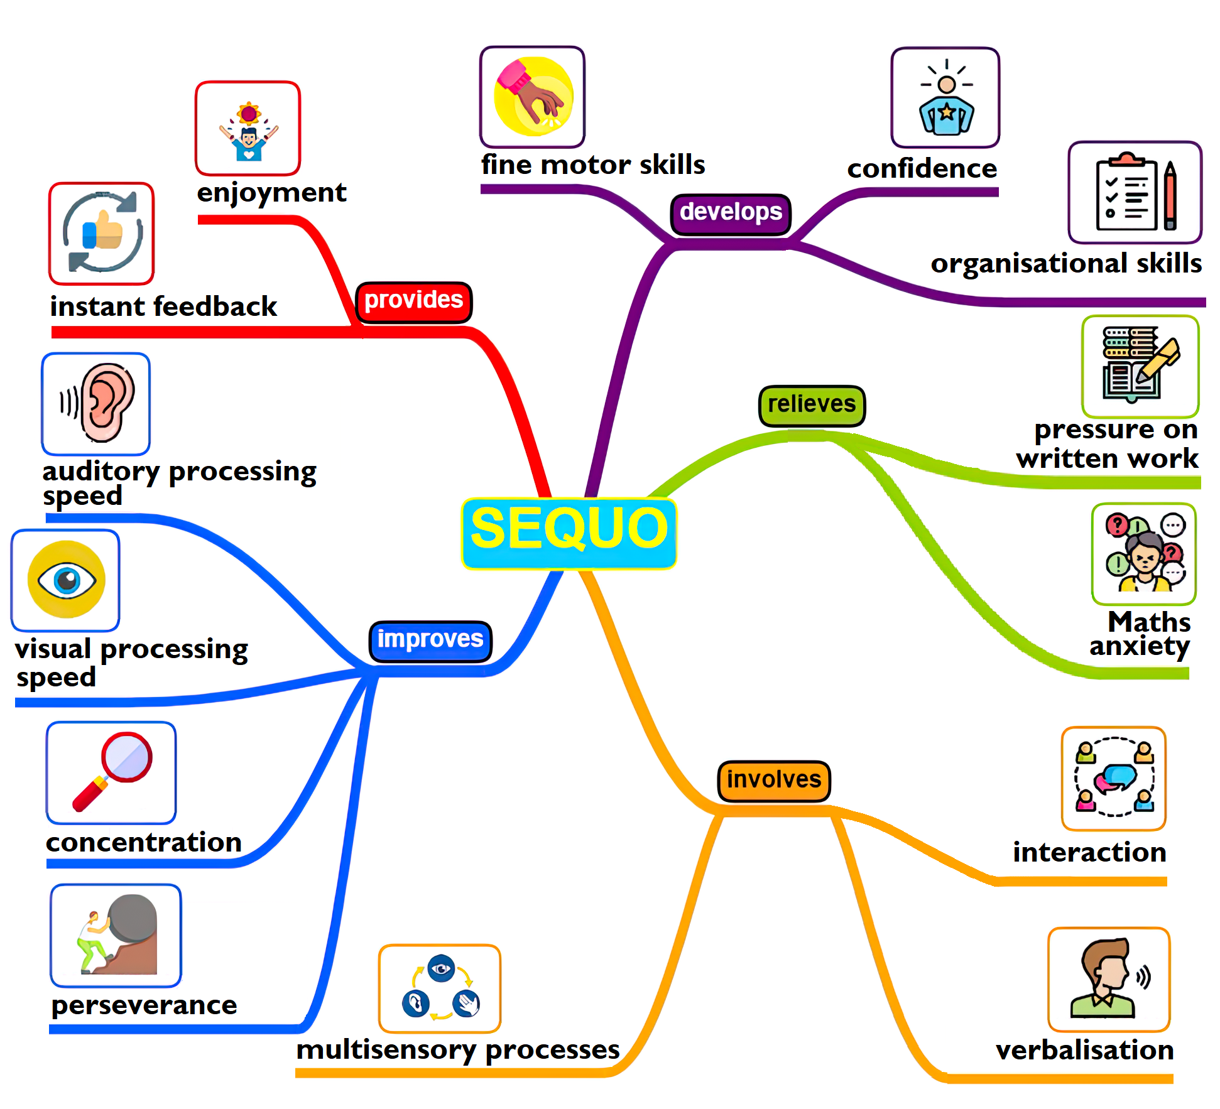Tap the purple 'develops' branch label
pos(731,214)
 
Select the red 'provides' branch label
pos(413,301)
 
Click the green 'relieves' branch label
pos(812,405)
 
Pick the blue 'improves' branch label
pos(430,641)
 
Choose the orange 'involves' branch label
pos(774,781)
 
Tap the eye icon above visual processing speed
pos(66,580)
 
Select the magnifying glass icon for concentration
pos(111,772)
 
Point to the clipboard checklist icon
pos(1135,193)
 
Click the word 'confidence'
pos(922,169)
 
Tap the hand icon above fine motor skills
pos(533,97)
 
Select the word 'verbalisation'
pos(1084,1051)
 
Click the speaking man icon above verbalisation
pos(1109,979)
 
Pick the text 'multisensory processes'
pos(458,1051)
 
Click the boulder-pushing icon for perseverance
pos(116,935)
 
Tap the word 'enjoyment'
pos(271,193)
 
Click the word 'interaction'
pos(1089,853)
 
